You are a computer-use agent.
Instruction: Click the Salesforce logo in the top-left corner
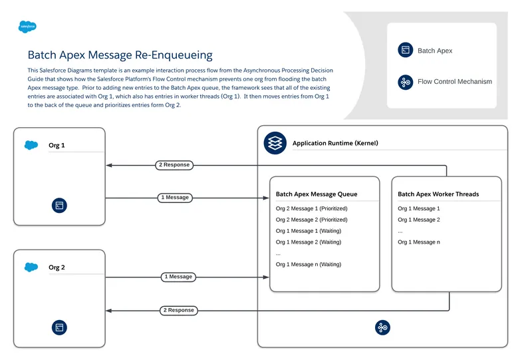27,27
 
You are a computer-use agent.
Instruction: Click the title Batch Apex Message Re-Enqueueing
120,55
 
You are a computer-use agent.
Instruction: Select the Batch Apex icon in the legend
405,50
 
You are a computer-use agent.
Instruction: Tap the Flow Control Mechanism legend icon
405,82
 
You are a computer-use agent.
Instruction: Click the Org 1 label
57,145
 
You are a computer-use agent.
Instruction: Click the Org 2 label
57,268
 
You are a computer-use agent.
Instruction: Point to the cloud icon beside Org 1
31,145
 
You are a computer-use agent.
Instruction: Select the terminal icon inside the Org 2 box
59,327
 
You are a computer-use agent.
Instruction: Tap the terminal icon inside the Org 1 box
59,206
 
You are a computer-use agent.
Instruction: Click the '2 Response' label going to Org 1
174,164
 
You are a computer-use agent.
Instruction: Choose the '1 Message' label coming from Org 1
175,197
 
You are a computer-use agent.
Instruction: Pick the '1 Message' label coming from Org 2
178,276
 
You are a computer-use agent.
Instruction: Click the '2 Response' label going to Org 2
179,309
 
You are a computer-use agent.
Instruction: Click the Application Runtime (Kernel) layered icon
275,143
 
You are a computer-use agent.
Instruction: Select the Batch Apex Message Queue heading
317,194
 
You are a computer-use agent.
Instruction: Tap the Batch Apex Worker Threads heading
438,194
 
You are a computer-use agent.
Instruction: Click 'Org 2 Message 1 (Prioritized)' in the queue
311,208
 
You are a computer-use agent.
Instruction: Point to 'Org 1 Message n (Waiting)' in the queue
308,264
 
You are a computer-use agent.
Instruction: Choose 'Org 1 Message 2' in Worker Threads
419,220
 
